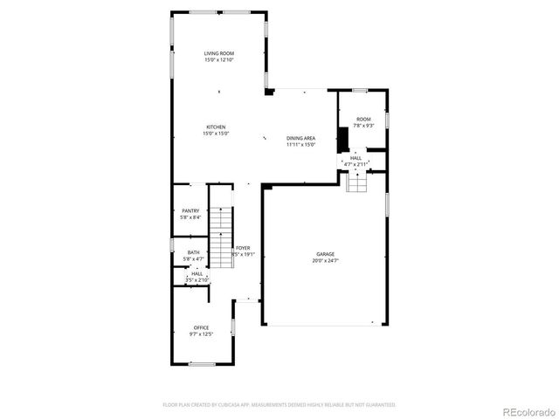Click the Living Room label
(x=219, y=53)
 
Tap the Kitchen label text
(x=216, y=127)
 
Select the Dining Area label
(x=300, y=138)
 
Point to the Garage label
(x=325, y=254)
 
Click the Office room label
(x=201, y=327)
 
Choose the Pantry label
(x=190, y=210)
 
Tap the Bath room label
(x=193, y=252)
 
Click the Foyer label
(x=243, y=248)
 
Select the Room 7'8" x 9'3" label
(x=363, y=119)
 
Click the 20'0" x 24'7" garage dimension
(x=325, y=261)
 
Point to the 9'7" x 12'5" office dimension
(x=201, y=334)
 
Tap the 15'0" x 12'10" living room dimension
(x=219, y=60)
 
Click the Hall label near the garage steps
(x=355, y=158)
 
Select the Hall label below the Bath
(x=197, y=273)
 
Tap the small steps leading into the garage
(x=356, y=183)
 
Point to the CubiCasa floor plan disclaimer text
(x=279, y=405)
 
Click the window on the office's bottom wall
(x=202, y=363)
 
